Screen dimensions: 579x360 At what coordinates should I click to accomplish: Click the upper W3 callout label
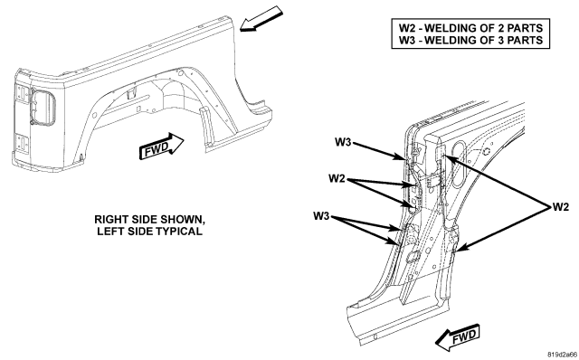pyautogui.click(x=343, y=142)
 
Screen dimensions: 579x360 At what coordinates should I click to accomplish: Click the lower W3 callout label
pyautogui.click(x=321, y=216)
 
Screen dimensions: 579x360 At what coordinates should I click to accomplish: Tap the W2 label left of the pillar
pyautogui.click(x=337, y=179)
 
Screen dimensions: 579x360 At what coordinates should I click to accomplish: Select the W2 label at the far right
pyautogui.click(x=561, y=207)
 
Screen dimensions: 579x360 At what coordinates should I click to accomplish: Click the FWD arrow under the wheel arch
pyautogui.click(x=161, y=146)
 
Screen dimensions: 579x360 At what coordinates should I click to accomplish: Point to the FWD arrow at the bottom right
pyautogui.click(x=457, y=337)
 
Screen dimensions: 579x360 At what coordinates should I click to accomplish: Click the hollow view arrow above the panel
pyautogui.click(x=261, y=19)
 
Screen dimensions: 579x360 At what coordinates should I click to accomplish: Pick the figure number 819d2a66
pyautogui.click(x=562, y=355)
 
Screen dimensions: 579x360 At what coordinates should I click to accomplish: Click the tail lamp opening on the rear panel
pyautogui.click(x=43, y=107)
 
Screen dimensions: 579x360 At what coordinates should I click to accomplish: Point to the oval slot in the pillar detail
pyautogui.click(x=460, y=163)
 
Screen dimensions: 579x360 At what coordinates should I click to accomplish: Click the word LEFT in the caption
pyautogui.click(x=109, y=232)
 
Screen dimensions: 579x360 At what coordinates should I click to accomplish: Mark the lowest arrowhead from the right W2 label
pyautogui.click(x=459, y=250)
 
